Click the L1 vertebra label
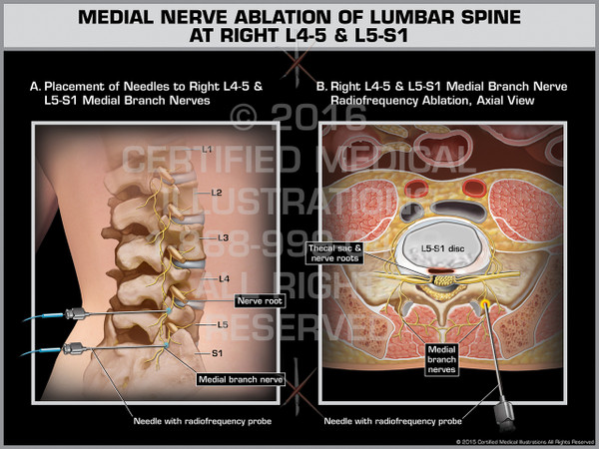click(207, 150)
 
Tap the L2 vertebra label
click(217, 193)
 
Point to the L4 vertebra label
click(225, 277)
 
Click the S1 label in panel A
click(217, 352)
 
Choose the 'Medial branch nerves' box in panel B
click(442, 358)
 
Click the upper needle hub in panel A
click(73, 314)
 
